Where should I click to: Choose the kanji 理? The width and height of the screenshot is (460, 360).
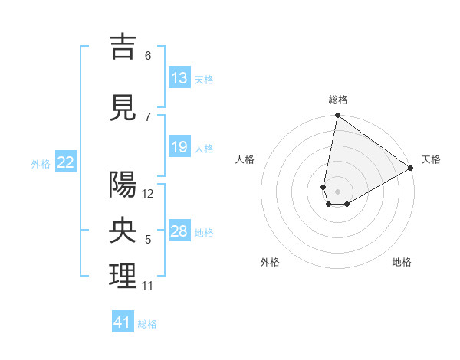click(123, 276)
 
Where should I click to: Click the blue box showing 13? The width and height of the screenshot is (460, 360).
click(179, 78)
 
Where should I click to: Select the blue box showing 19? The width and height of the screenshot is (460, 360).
click(179, 147)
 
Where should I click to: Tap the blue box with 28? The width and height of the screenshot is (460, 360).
click(179, 231)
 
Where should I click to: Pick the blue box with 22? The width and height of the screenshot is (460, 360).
click(66, 162)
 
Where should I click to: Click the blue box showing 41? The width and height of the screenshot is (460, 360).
click(123, 322)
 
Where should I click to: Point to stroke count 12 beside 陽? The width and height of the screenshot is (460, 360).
click(149, 194)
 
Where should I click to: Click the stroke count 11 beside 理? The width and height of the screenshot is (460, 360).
click(148, 286)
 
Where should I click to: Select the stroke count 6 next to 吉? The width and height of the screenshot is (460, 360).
click(148, 56)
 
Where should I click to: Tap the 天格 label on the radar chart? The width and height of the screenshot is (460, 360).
click(431, 159)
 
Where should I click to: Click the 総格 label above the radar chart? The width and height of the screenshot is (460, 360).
click(337, 100)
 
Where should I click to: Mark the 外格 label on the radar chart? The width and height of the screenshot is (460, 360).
click(270, 262)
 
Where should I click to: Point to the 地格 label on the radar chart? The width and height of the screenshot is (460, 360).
click(402, 262)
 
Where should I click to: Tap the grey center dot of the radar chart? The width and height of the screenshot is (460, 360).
click(337, 190)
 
